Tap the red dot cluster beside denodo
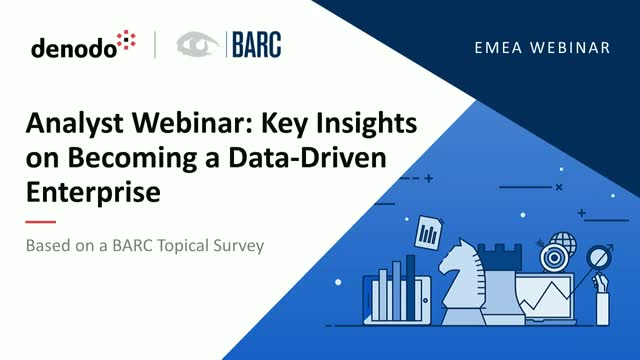pyautogui.click(x=127, y=43)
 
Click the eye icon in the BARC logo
pyautogui.click(x=197, y=45)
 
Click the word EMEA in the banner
pyautogui.click(x=502, y=47)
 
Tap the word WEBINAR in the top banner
pyautogui.click(x=569, y=47)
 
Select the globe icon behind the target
pyautogui.click(x=562, y=242)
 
